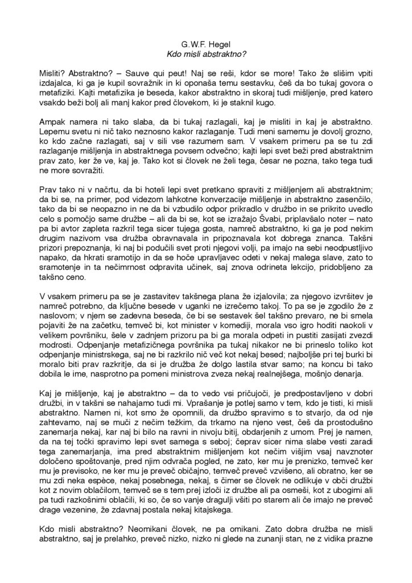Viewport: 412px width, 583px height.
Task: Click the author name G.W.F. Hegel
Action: point(205,42)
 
